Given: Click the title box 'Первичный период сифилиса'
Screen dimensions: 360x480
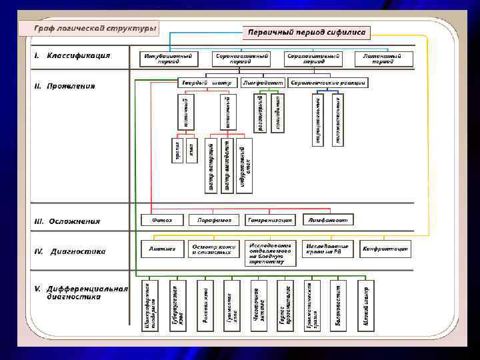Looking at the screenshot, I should click(x=307, y=32).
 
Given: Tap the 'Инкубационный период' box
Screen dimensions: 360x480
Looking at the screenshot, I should click(x=169, y=59).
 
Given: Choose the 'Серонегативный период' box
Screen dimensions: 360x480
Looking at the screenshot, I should click(x=241, y=59).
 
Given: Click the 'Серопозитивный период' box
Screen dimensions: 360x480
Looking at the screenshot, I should click(x=313, y=59).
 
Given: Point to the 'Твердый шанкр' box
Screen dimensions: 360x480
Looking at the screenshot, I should click(x=207, y=83).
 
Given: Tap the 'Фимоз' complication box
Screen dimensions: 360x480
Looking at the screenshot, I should click(x=162, y=219).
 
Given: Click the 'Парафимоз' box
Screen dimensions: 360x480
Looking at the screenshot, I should click(x=213, y=219).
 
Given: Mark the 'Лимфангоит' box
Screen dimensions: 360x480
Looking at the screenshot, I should click(x=328, y=219).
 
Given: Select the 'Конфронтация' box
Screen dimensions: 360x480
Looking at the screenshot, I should click(x=385, y=249).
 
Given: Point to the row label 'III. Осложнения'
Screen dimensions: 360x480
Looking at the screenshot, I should click(x=67, y=221).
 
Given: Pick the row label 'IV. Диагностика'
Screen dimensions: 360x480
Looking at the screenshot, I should click(x=71, y=251).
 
